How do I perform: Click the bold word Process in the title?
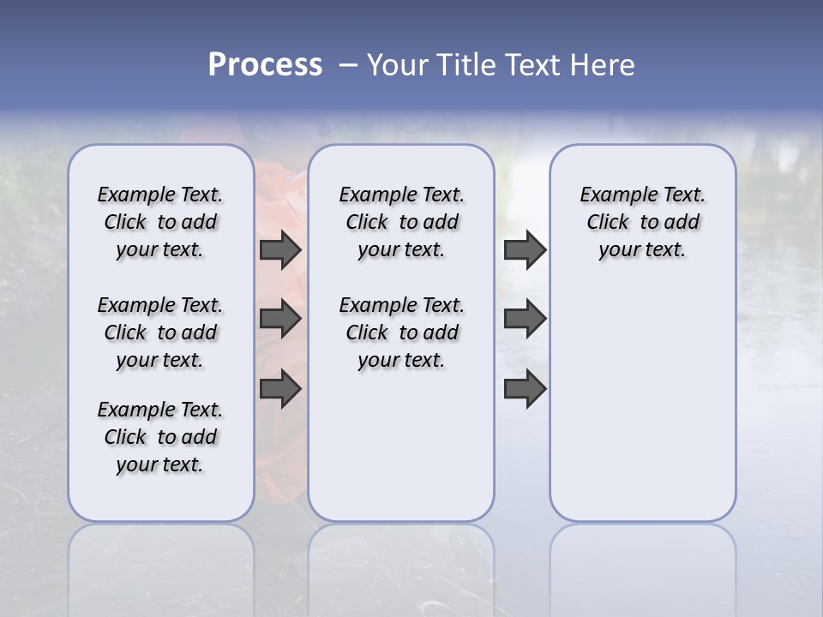point(265,65)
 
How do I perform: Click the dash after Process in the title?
point(348,65)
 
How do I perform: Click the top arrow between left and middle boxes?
point(280,249)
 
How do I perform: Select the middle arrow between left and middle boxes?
point(280,319)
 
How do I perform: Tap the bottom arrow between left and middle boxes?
point(280,389)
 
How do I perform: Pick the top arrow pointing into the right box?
point(525,249)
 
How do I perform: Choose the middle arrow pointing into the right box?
point(525,319)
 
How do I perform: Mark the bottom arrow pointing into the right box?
point(525,389)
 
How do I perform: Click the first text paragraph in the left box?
point(160,222)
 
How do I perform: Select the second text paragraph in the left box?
point(160,332)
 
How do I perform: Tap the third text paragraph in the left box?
point(160,437)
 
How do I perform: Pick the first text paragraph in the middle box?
point(401,222)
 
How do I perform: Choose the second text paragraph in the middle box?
point(401,332)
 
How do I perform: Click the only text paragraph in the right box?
point(643,222)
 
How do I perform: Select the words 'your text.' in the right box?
point(642,250)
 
